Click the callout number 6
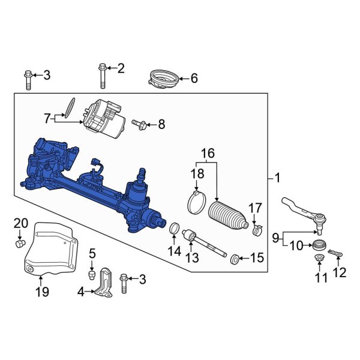[x=194, y=78]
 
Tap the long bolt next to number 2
[x=101, y=76]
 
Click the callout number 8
[x=161, y=125]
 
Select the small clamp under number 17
[x=258, y=230]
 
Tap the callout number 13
[x=191, y=258]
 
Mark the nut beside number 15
[x=235, y=259]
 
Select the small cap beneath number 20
[x=20, y=245]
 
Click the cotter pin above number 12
[x=336, y=252]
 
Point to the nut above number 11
[x=320, y=259]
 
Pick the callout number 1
[x=278, y=178]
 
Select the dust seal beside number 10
[x=320, y=244]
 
